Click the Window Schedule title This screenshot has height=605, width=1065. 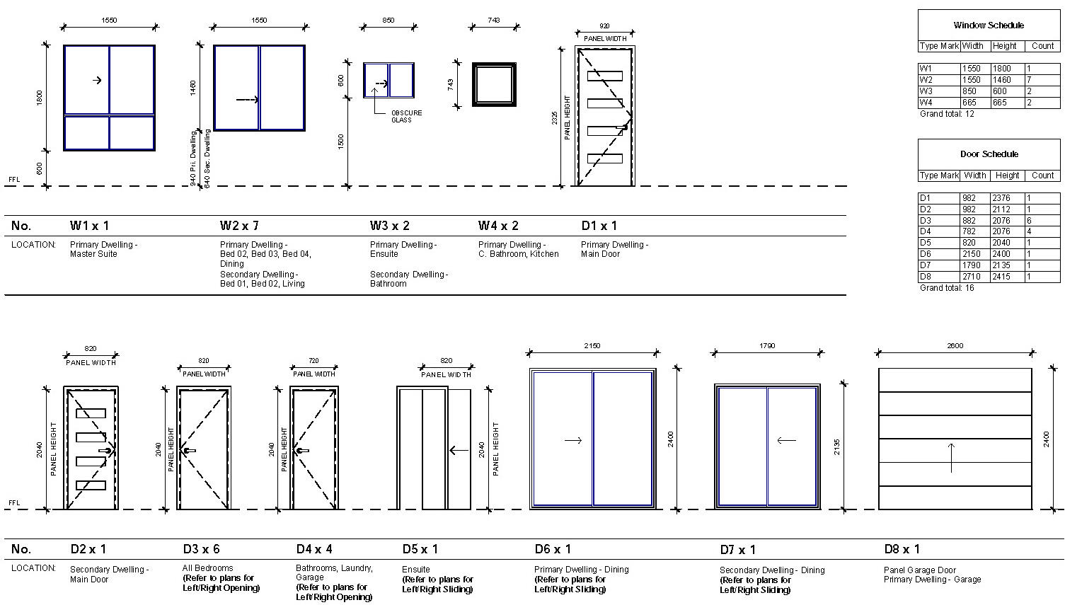989,25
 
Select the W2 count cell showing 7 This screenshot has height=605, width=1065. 1042,80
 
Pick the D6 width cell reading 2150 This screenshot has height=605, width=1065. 972,254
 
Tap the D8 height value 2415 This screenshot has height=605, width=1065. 1001,277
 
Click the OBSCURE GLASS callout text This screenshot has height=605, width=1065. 406,117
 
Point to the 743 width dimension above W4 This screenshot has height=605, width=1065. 493,20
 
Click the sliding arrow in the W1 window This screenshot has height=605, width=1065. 97,81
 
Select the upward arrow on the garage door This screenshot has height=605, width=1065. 951,458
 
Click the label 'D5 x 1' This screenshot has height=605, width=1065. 420,549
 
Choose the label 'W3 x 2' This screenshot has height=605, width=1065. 389,226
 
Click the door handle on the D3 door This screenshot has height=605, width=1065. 189,451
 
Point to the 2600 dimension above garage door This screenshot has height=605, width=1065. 955,346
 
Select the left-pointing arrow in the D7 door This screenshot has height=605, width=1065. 786,441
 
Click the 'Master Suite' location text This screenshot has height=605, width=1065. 93,254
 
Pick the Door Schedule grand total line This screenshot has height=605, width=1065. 947,288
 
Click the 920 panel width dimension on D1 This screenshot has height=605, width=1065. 604,26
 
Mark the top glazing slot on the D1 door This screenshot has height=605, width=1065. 605,76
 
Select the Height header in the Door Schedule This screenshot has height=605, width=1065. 1007,175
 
